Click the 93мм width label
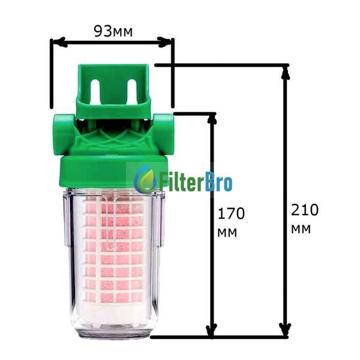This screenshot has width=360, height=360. [113, 31]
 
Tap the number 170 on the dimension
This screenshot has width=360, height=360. [231, 214]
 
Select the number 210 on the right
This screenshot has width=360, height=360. [305, 210]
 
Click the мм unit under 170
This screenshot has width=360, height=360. [227, 233]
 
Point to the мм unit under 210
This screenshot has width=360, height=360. [301, 229]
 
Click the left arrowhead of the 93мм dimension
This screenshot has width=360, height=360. [59, 42]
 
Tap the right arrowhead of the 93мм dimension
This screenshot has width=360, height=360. [164, 42]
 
